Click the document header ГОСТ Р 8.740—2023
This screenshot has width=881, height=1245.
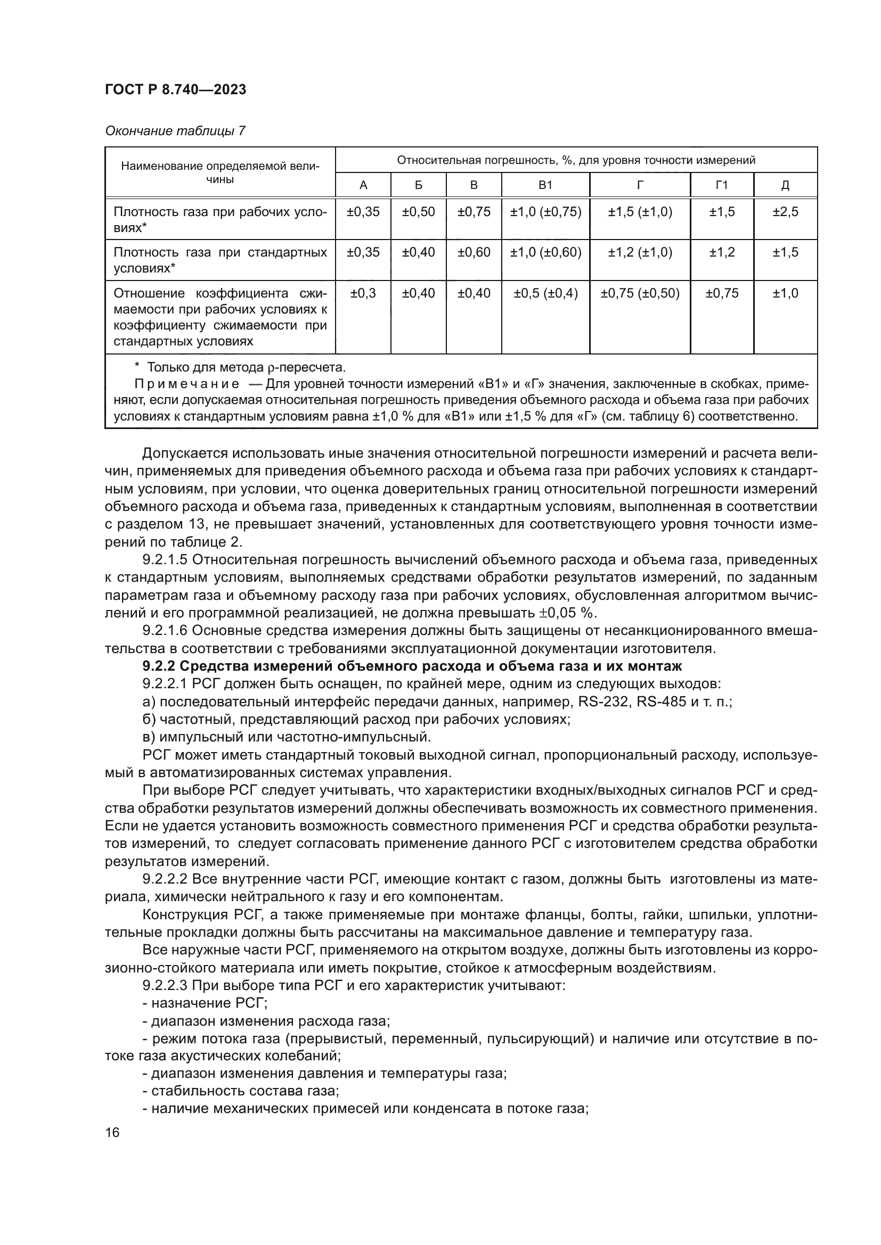click(175, 89)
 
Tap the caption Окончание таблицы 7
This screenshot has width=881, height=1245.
click(175, 131)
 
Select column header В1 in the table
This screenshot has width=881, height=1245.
click(545, 185)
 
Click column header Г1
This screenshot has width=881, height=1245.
click(722, 185)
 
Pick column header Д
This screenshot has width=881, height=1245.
click(785, 185)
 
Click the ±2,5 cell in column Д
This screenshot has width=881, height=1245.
click(785, 211)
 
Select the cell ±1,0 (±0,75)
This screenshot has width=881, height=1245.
click(545, 211)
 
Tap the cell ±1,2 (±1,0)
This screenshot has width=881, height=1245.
click(640, 252)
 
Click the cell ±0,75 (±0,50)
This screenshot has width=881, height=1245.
click(640, 293)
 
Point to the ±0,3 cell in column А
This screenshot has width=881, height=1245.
click(363, 293)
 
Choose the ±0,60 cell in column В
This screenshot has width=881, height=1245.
click(473, 252)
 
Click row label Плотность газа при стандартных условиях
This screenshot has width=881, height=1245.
click(219, 260)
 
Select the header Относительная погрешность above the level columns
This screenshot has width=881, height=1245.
click(576, 160)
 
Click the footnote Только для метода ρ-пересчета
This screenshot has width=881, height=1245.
click(245, 368)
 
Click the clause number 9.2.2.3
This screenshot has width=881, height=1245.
click(165, 986)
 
